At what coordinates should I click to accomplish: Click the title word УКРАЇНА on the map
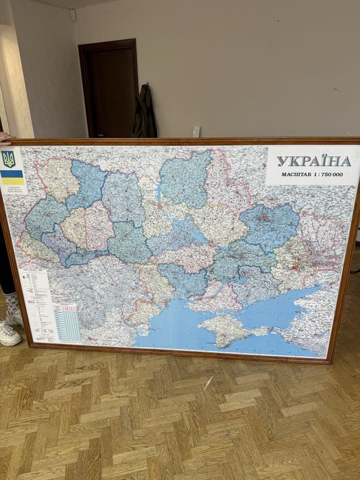click(x=313, y=161)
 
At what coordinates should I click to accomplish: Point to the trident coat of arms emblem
click(x=9, y=159)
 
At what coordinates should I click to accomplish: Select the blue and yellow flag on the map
click(x=12, y=177)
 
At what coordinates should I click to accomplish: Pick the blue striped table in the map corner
click(x=67, y=322)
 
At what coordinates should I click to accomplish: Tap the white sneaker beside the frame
click(x=8, y=333)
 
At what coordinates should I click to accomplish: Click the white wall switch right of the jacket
click(x=196, y=131)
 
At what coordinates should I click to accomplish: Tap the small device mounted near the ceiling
click(x=73, y=14)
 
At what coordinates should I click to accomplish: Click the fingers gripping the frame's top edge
click(x=5, y=137)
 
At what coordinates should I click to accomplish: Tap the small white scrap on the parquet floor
click(x=207, y=382)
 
